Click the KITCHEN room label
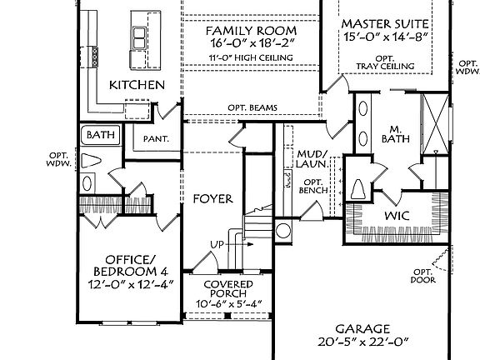point(137,85)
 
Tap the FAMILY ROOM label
point(251,31)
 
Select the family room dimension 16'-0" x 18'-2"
point(252,43)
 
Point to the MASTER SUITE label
point(385,24)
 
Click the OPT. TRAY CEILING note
point(385,62)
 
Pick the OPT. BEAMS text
point(252,107)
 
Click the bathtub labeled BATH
point(100,135)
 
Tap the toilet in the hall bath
point(91,161)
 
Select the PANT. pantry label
point(156,139)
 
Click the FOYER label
point(213,199)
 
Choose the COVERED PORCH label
point(228,288)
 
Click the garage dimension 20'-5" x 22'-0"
point(363,342)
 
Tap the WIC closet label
point(397,216)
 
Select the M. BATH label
point(396,134)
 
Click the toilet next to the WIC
point(357,189)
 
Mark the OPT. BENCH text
point(313,187)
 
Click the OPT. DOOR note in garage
point(423,276)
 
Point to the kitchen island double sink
point(139,37)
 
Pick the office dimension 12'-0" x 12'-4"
point(131,285)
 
